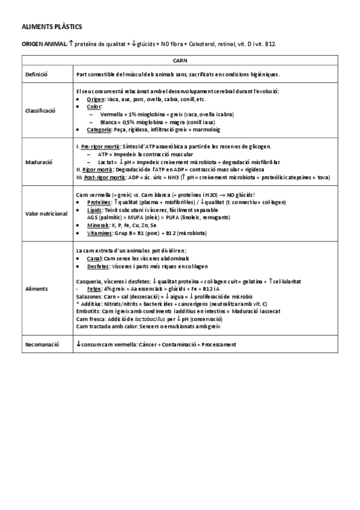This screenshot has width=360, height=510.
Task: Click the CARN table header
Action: pos(180,61)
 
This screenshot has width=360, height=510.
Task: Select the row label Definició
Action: pos(37,75)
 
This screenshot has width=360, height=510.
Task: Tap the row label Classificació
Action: pos(40,111)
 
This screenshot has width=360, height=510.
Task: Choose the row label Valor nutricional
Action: pos(46,214)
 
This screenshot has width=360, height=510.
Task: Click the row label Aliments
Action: pos(37,289)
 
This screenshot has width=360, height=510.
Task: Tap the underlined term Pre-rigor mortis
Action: pos(100,146)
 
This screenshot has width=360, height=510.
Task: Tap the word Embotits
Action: pos(88,312)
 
